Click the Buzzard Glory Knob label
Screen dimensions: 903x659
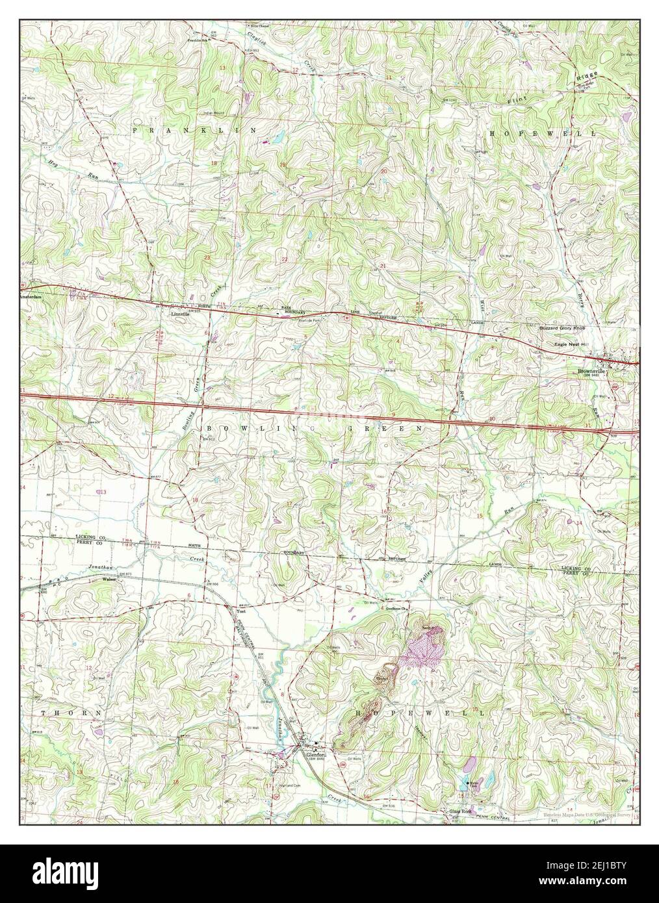click(x=563, y=329)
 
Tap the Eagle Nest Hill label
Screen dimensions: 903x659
click(x=570, y=344)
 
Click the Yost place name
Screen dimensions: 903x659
click(x=242, y=611)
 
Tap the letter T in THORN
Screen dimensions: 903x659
click(x=44, y=713)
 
